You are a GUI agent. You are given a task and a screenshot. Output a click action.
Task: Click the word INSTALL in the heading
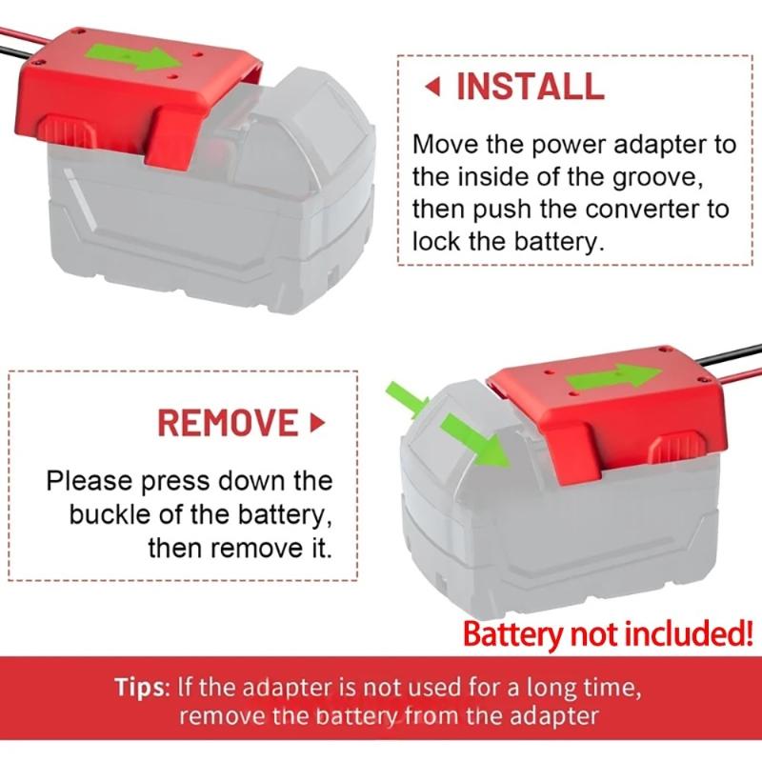pos(531,87)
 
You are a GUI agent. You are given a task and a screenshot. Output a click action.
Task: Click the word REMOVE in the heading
pos(228,422)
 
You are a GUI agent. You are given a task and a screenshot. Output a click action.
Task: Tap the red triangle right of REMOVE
pos(317,423)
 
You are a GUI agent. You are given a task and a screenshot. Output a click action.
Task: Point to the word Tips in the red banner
pos(140,688)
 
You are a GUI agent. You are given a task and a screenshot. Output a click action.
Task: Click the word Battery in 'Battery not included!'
pos(511,634)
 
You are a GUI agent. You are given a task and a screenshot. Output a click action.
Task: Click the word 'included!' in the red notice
pos(688,633)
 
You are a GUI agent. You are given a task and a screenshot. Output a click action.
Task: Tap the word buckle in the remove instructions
pos(110,514)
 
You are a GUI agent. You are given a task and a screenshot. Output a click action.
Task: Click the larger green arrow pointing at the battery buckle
pos(474,440)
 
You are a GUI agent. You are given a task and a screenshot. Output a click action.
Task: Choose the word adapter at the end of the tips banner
pos(554,716)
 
